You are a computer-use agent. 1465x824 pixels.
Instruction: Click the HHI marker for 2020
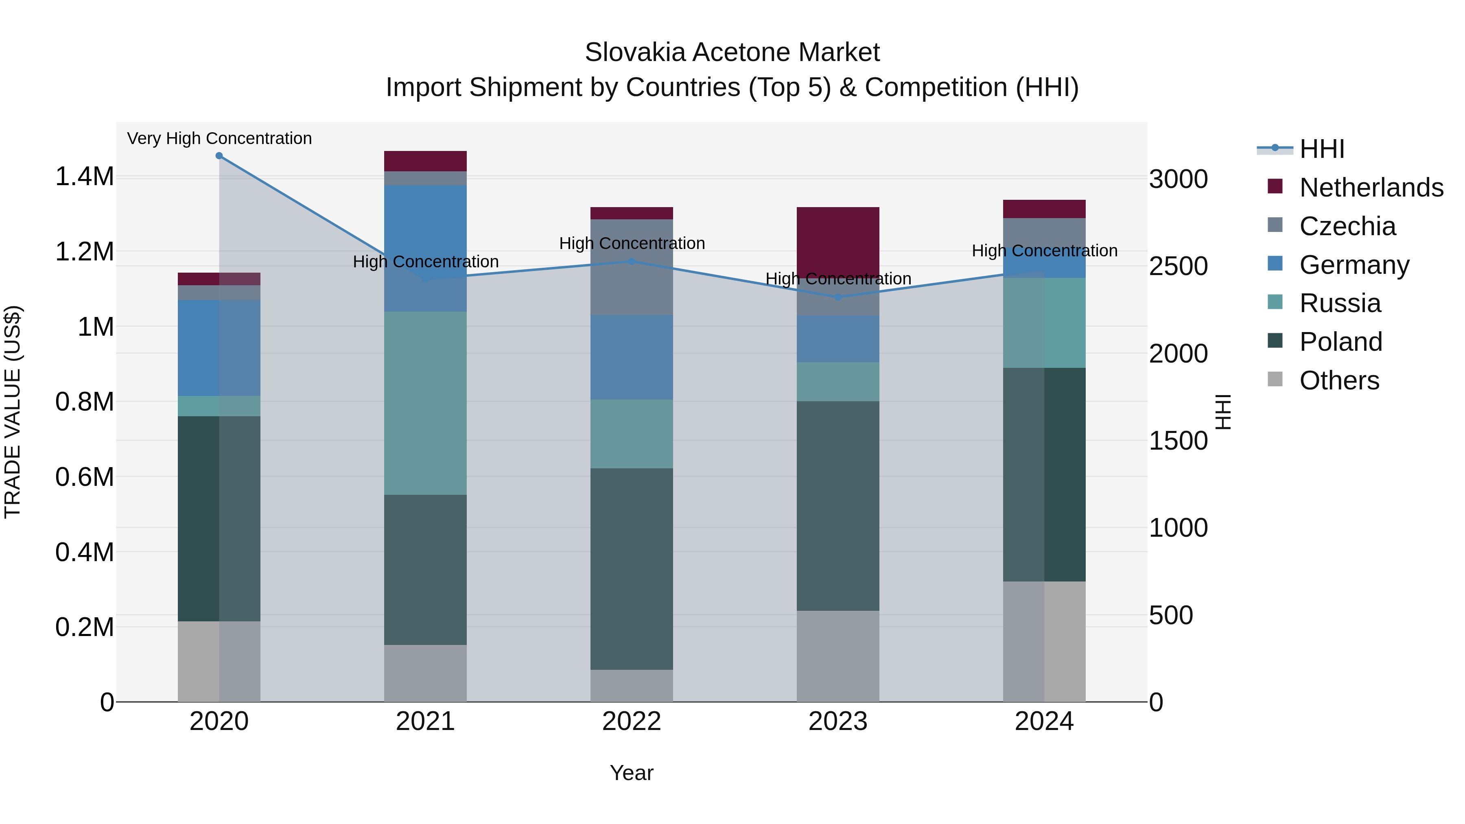click(x=219, y=156)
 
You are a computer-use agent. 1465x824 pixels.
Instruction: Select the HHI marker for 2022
click(x=631, y=262)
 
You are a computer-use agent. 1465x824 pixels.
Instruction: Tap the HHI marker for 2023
click(x=838, y=297)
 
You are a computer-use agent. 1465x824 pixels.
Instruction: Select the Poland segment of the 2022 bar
click(x=631, y=569)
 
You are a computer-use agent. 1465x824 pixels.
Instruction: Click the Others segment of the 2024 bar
click(x=1044, y=641)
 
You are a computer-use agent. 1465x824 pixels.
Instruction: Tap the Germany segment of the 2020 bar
click(x=219, y=348)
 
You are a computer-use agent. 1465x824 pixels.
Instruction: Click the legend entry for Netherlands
click(x=1371, y=188)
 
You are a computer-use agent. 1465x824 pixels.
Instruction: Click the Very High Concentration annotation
click(x=219, y=138)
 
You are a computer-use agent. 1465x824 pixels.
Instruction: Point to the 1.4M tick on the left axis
click(x=84, y=176)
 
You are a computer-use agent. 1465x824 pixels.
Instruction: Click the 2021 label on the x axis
click(x=425, y=721)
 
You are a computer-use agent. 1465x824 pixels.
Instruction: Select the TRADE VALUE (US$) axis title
click(x=13, y=412)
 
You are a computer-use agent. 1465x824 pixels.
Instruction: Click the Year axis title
click(x=631, y=773)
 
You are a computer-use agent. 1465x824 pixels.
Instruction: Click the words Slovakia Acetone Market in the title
click(x=732, y=52)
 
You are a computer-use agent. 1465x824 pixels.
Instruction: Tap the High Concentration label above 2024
click(x=1044, y=251)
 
